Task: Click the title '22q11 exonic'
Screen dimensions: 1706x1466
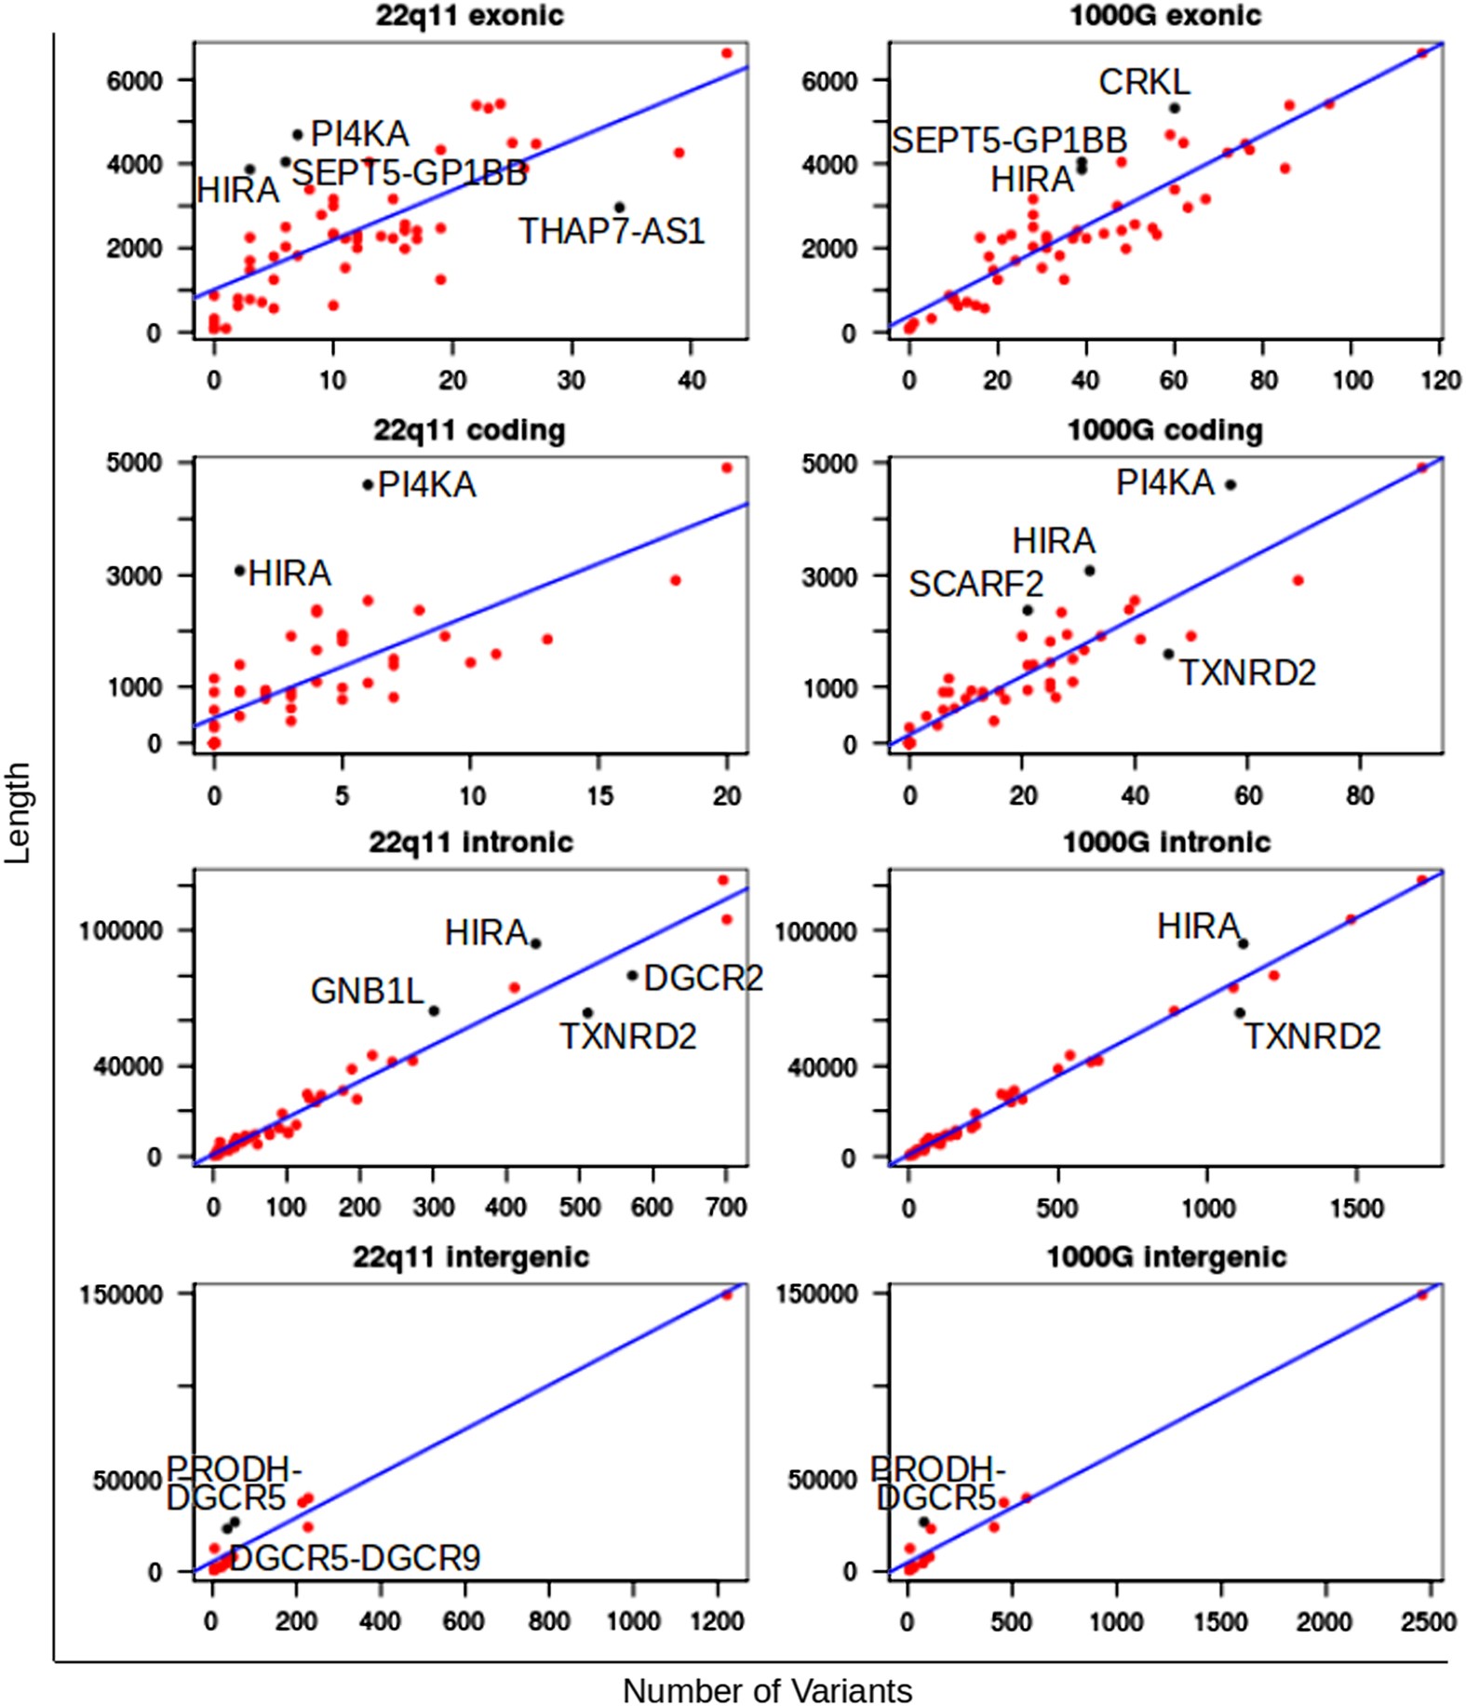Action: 469,16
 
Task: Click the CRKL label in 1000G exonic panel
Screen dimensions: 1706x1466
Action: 1144,82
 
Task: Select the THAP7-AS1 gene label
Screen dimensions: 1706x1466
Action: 612,231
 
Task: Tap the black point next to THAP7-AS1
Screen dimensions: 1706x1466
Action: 619,208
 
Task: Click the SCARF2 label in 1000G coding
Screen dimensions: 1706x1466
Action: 975,585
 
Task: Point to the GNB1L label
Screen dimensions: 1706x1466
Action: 367,991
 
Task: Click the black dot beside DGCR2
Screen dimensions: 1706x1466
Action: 632,976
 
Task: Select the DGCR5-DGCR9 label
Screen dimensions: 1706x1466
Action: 355,1558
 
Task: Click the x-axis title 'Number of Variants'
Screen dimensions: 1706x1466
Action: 767,1690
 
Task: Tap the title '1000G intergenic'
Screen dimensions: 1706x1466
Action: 1166,1257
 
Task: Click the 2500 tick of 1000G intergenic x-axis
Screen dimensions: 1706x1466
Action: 1427,1622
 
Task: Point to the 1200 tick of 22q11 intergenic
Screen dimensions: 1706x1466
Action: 717,1621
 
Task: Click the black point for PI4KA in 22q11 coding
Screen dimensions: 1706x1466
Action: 368,484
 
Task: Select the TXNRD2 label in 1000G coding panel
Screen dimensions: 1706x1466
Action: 1247,672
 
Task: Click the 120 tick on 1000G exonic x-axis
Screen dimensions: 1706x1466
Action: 1440,380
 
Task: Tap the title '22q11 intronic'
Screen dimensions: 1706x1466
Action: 471,842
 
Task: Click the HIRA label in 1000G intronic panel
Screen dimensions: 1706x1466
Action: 1198,927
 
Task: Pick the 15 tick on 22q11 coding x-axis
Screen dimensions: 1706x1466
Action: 599,795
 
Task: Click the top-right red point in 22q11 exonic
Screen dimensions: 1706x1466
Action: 727,53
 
